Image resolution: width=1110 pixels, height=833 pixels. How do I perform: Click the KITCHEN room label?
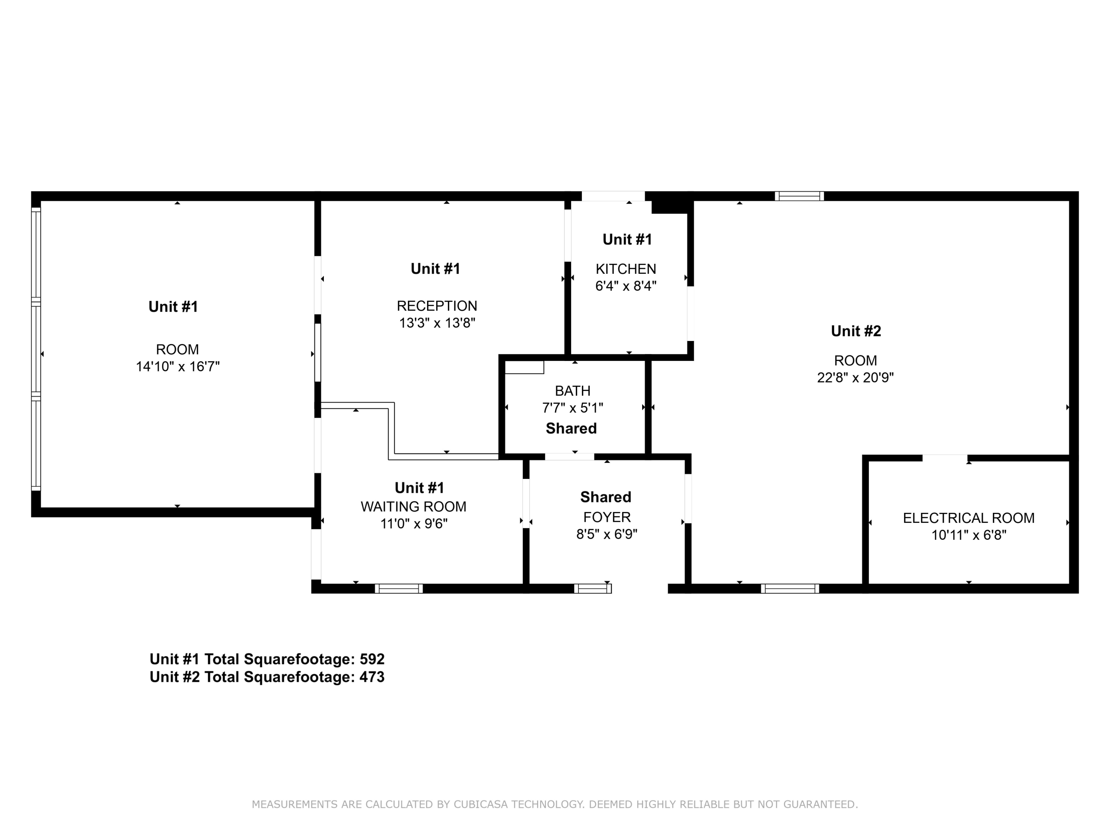(x=626, y=269)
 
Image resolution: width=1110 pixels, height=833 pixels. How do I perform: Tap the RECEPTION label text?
(x=437, y=306)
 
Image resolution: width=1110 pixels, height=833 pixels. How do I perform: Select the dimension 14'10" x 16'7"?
(x=178, y=367)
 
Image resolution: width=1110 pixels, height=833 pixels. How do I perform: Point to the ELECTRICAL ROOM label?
(x=969, y=518)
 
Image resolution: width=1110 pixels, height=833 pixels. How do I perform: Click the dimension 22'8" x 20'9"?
(x=855, y=377)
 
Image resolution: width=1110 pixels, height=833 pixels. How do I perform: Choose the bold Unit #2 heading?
(x=855, y=331)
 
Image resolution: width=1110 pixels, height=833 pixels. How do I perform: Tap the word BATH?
(x=573, y=390)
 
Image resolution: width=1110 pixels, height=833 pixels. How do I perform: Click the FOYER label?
(x=607, y=517)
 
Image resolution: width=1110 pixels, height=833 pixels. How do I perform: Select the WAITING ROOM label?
(x=414, y=507)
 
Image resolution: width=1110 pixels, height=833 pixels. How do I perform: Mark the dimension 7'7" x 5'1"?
(x=573, y=408)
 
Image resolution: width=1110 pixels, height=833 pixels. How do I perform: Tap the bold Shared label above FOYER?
(x=606, y=497)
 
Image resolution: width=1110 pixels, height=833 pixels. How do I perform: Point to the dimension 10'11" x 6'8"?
(x=969, y=535)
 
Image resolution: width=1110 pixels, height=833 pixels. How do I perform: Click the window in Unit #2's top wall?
(x=799, y=197)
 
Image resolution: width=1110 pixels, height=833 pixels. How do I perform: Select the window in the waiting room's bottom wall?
(x=399, y=588)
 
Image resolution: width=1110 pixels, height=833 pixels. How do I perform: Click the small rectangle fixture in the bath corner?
(x=524, y=367)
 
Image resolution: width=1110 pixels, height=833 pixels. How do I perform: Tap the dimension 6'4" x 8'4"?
(x=626, y=286)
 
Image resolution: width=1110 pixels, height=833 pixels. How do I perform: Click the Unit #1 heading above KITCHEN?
(x=627, y=239)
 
